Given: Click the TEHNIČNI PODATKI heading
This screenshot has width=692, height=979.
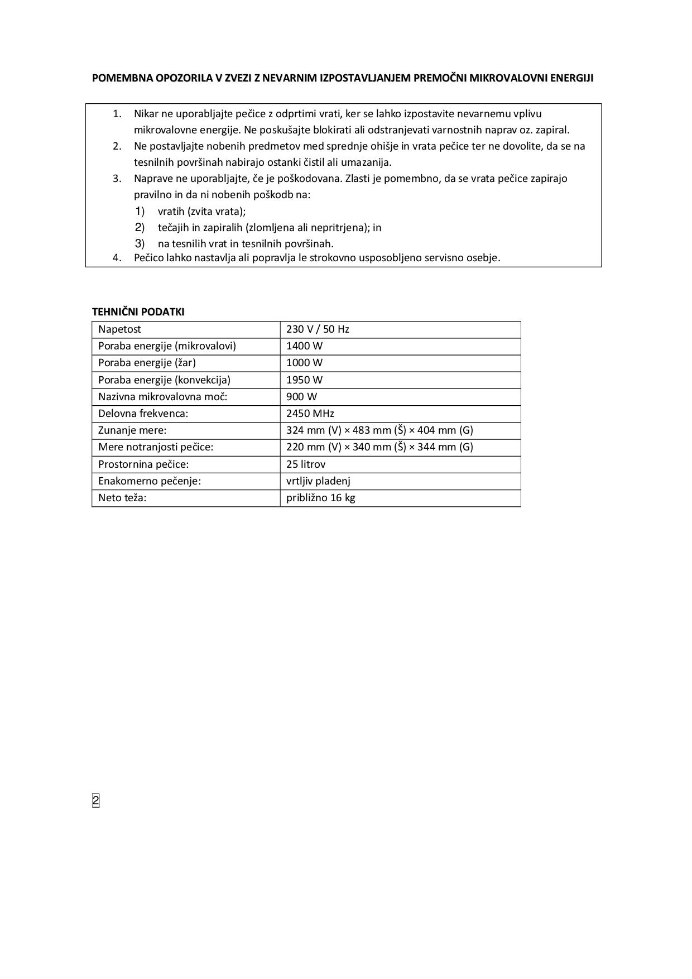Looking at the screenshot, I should pyautogui.click(x=138, y=312).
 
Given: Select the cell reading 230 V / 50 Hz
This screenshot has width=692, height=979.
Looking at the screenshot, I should pyautogui.click(x=318, y=329).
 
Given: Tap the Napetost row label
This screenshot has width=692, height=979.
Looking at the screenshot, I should pyautogui.click(x=119, y=329).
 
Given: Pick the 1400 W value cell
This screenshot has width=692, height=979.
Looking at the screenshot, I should pyautogui.click(x=304, y=346).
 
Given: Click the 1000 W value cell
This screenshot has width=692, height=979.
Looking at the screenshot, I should pyautogui.click(x=304, y=363).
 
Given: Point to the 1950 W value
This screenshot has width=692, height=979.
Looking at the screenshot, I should pyautogui.click(x=304, y=380).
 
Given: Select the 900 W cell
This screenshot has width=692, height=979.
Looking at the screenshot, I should pyautogui.click(x=301, y=397).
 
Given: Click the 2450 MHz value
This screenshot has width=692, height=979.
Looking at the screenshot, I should pyautogui.click(x=310, y=414).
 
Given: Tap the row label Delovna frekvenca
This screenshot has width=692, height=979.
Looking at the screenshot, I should pyautogui.click(x=143, y=414).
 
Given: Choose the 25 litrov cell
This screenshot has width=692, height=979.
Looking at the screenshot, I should pyautogui.click(x=306, y=464).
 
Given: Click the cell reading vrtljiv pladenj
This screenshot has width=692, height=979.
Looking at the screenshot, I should pyautogui.click(x=318, y=481).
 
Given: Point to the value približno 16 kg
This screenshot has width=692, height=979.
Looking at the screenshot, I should pyautogui.click(x=321, y=498).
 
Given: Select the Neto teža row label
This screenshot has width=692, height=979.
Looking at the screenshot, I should pyautogui.click(x=122, y=498).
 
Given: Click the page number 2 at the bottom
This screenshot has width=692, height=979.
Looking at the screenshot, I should pyautogui.click(x=95, y=801).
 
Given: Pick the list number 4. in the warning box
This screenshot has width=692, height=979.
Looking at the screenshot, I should pyautogui.click(x=117, y=258).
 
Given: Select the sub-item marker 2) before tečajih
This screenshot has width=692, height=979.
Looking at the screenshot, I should pyautogui.click(x=140, y=227).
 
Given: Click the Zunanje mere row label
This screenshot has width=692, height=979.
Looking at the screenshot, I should pyautogui.click(x=132, y=430).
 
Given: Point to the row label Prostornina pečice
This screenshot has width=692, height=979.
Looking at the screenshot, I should pyautogui.click(x=143, y=464).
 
